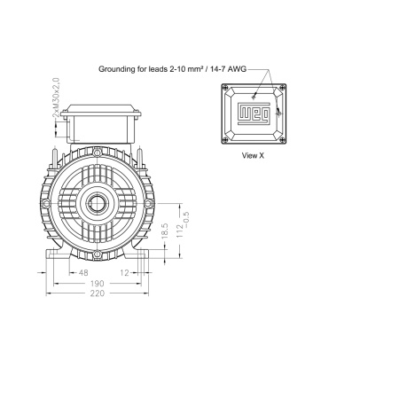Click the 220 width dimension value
click(98, 293)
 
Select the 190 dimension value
click(98, 284)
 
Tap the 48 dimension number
click(83, 272)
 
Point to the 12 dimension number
click(125, 272)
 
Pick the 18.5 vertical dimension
click(165, 231)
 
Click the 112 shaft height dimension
click(179, 231)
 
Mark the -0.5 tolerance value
click(186, 220)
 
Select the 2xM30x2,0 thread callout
click(56, 98)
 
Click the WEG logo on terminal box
click(254, 113)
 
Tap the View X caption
click(253, 155)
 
